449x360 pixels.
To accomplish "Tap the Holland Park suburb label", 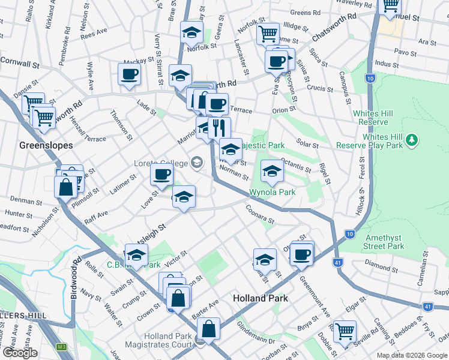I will tap(260, 298).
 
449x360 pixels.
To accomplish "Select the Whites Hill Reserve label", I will tap(373, 117).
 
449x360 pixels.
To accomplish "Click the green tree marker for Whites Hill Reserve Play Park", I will tap(411, 140).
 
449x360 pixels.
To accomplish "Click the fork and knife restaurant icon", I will tap(219, 127).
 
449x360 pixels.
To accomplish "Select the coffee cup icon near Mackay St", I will tap(130, 74).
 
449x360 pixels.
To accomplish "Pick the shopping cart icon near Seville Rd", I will tap(345, 331).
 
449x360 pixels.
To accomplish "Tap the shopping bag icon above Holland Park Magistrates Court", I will tap(208, 328).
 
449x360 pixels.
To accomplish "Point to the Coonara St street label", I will tap(259, 214).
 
